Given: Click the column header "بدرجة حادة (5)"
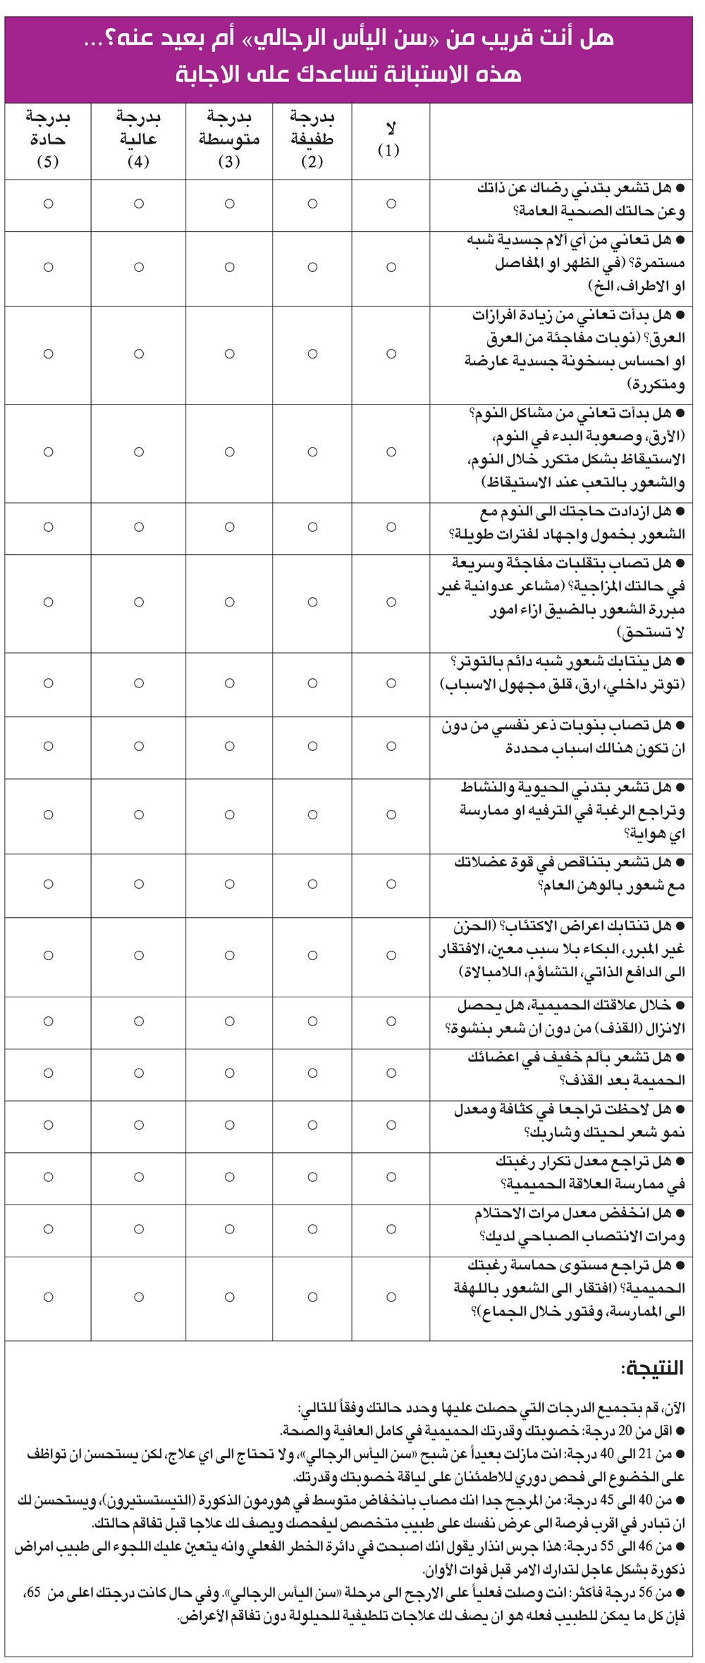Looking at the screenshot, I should [48, 139].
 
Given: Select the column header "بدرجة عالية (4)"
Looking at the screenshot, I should [138, 139].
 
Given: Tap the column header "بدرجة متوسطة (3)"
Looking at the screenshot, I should [229, 139].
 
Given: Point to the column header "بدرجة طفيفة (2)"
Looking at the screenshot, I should [312, 139].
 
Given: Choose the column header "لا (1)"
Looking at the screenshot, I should [390, 139].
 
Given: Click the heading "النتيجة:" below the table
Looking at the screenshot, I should [652, 1368].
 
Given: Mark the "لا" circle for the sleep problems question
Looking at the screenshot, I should [391, 452].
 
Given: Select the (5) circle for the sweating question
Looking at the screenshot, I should [48, 354].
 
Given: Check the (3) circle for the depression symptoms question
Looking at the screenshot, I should [229, 956].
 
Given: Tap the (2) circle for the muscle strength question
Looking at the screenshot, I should [312, 884].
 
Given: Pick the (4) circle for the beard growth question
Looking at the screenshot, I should [138, 1125].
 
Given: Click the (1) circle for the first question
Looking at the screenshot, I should [391, 204].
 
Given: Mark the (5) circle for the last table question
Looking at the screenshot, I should [48, 1297].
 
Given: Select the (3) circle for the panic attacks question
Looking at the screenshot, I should [229, 747].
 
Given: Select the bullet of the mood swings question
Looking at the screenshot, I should [680, 563].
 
